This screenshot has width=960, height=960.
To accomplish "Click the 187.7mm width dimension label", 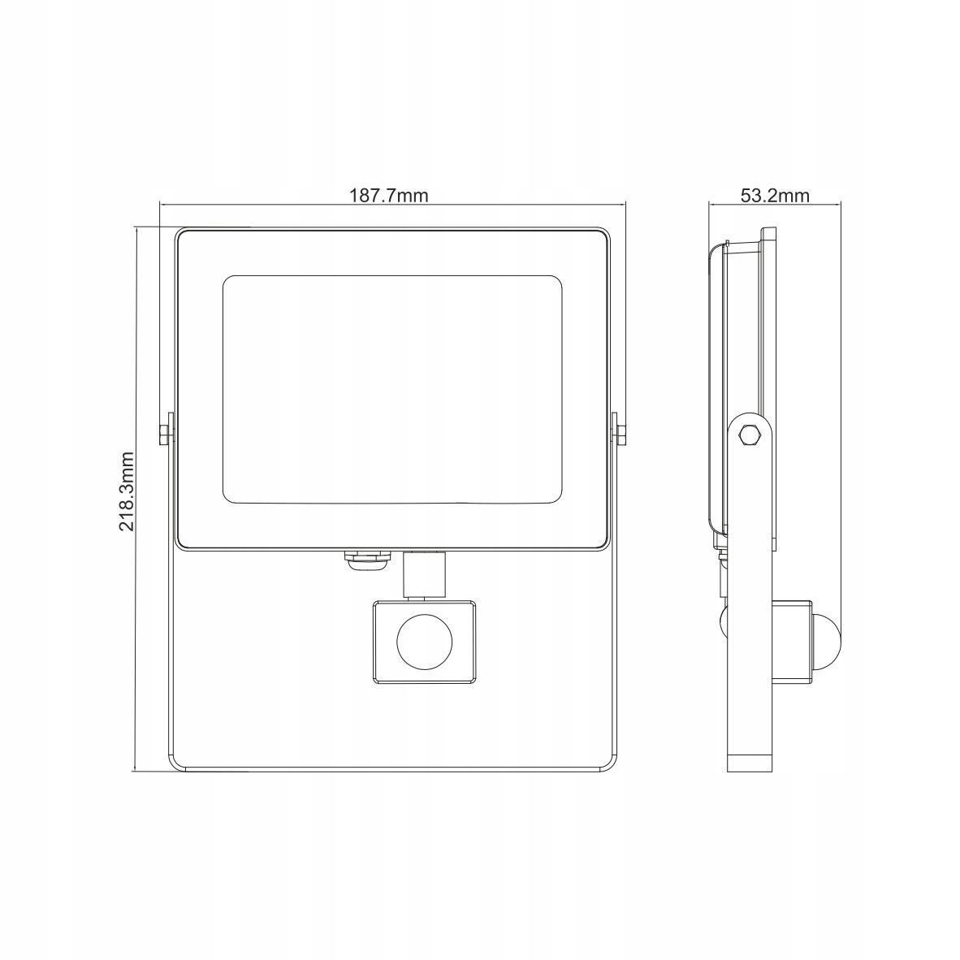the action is [x=389, y=195].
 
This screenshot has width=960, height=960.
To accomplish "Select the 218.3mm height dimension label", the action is [x=126, y=491].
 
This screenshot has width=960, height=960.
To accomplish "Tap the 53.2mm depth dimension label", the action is [x=775, y=195].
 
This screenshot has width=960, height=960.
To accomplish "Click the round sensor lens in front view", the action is [x=424, y=643].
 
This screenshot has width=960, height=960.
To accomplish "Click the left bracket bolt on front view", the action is [x=163, y=434].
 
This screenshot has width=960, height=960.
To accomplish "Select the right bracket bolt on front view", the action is [x=621, y=434].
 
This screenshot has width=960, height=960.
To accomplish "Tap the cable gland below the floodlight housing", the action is [x=365, y=561].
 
